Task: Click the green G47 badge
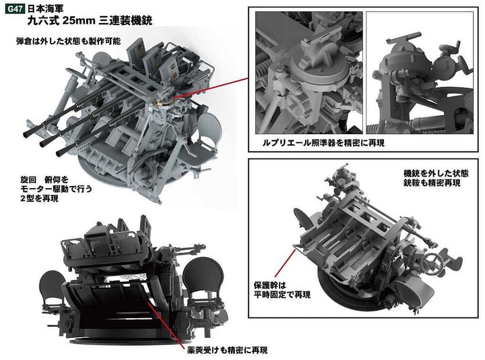tap(15, 9)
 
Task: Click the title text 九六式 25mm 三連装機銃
tap(90, 20)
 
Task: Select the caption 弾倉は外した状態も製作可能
tap(68, 41)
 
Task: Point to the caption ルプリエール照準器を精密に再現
tap(323, 143)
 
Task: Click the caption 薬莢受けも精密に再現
tap(228, 350)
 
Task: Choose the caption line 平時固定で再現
tap(282, 295)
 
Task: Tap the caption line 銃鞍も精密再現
tap(432, 183)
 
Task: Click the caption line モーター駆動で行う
tap(57, 189)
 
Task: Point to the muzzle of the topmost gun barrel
tap(27, 134)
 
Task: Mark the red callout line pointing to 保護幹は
tap(285, 264)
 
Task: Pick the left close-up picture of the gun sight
tap(309, 73)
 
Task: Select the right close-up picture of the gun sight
tap(420, 73)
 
